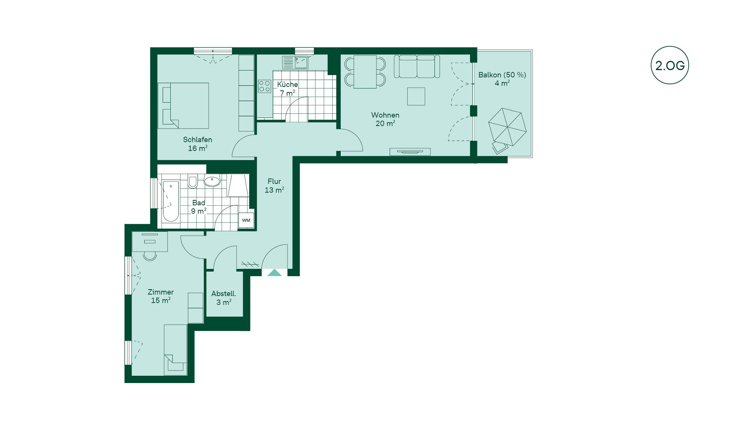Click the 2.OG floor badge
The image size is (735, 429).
click(x=670, y=65)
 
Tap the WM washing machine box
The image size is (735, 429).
click(x=246, y=220)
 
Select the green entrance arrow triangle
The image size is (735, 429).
click(x=274, y=272)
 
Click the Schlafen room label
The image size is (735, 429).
click(x=198, y=139)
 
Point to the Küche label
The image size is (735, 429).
click(x=287, y=84)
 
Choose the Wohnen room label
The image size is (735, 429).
click(x=385, y=115)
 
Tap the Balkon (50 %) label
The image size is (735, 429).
click(x=502, y=75)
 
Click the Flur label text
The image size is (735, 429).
click(x=274, y=181)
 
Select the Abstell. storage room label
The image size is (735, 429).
click(x=224, y=294)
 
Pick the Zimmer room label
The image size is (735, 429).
click(x=160, y=292)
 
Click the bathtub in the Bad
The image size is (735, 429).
click(x=171, y=201)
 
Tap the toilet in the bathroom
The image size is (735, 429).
click(x=193, y=182)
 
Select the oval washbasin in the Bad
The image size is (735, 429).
click(x=212, y=181)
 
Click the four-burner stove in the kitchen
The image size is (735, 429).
click(x=264, y=86)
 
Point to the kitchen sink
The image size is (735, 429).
click(x=295, y=62)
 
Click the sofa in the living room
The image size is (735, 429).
click(x=416, y=66)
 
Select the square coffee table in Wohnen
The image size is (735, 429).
click(x=416, y=96)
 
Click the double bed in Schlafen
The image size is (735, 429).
click(x=183, y=106)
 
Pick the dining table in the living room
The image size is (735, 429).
click(x=365, y=72)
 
